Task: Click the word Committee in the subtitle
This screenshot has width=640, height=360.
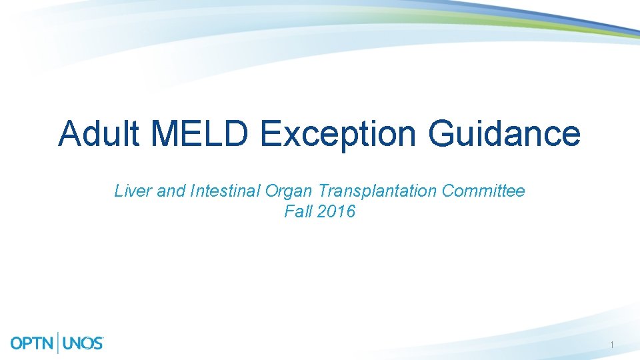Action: coord(483,191)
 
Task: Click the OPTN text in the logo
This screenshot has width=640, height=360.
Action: coord(33,343)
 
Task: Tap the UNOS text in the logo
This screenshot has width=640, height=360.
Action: coord(83,343)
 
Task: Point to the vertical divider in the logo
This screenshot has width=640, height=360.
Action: coord(59,343)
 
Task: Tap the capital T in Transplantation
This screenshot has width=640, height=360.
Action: coord(321,191)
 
